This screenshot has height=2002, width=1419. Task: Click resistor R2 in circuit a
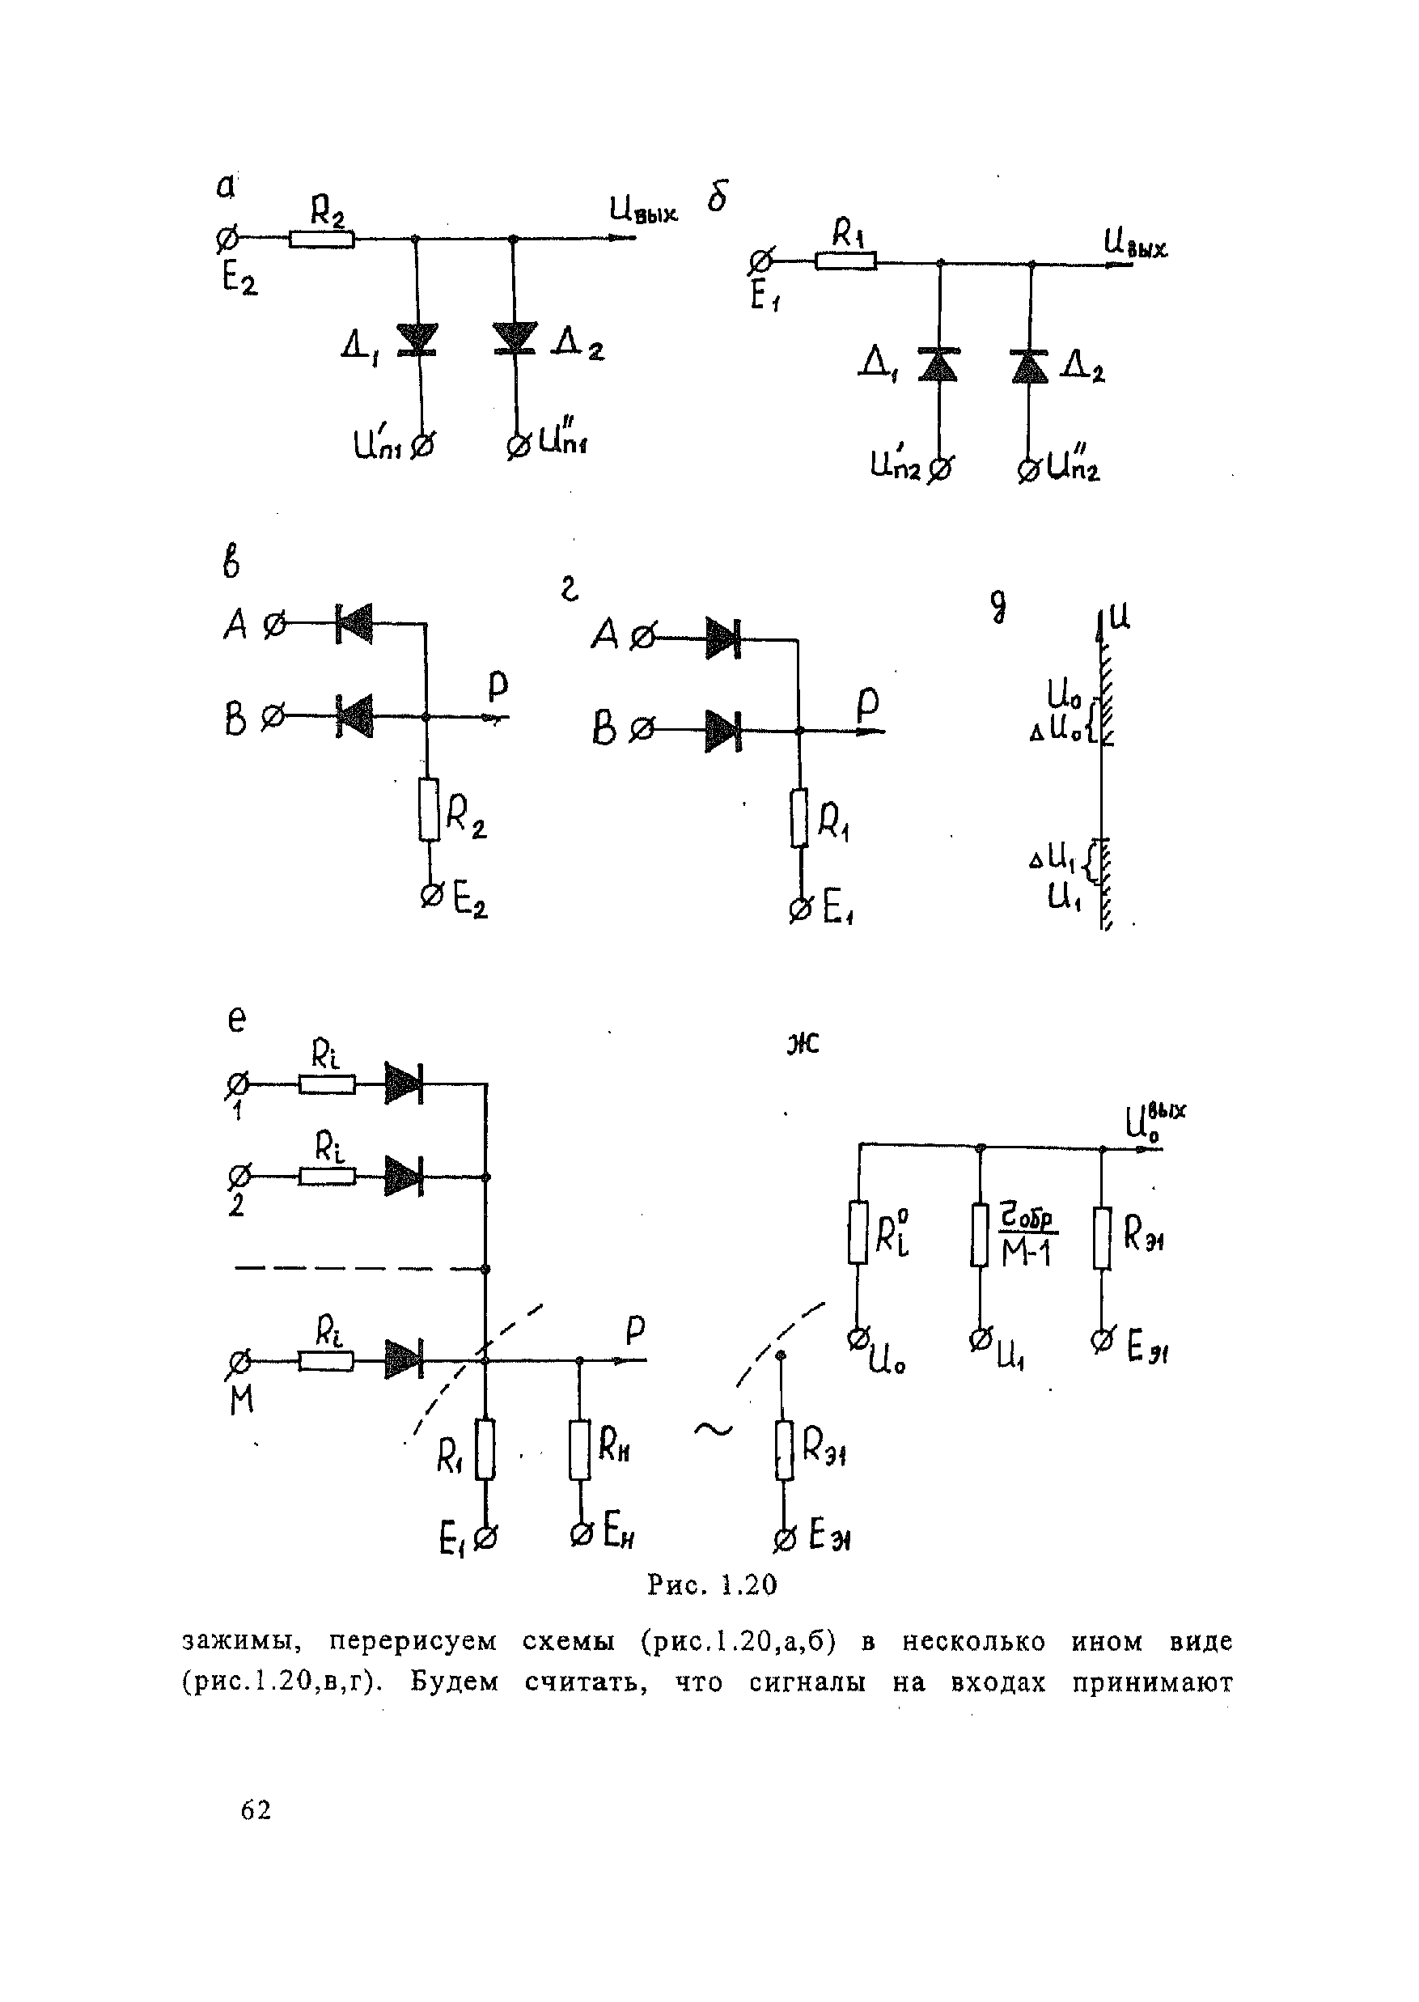point(321,238)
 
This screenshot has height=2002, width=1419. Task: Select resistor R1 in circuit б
point(845,261)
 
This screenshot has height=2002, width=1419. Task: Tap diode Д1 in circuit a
point(417,340)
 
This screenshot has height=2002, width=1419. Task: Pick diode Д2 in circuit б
point(1030,365)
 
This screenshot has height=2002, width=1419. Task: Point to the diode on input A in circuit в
point(354,624)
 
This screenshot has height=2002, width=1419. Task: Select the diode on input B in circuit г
point(722,731)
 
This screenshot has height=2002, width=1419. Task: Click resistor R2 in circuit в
point(428,809)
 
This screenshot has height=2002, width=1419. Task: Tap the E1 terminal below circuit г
point(798,910)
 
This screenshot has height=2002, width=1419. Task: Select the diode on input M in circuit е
point(404,1360)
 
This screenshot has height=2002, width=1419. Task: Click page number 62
point(256,1809)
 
